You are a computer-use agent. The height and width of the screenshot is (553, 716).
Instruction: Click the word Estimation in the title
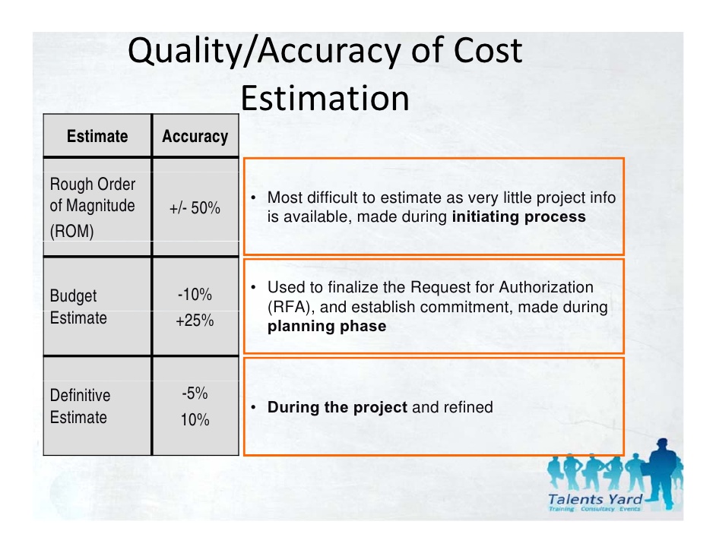pyautogui.click(x=325, y=98)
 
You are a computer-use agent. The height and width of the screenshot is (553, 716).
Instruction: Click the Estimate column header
pyautogui.click(x=97, y=137)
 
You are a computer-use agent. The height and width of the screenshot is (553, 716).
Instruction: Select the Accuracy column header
pyautogui.click(x=195, y=137)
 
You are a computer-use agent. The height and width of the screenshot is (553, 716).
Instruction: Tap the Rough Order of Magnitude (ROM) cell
pyautogui.click(x=92, y=207)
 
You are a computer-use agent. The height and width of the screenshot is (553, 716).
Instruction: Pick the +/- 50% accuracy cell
pyautogui.click(x=195, y=207)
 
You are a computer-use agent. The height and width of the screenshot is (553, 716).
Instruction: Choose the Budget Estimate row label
pyautogui.click(x=78, y=307)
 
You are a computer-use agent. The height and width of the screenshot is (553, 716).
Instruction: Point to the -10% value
pyautogui.click(x=195, y=295)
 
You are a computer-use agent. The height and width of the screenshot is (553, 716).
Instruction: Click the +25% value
pyautogui.click(x=195, y=321)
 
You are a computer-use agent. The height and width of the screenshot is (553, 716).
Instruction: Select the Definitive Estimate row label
pyautogui.click(x=80, y=406)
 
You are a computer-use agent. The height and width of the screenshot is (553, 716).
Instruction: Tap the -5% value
pyautogui.click(x=195, y=393)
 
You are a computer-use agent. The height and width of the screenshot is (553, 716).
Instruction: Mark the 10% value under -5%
pyautogui.click(x=195, y=419)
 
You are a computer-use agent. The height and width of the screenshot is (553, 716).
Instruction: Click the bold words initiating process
pyautogui.click(x=518, y=216)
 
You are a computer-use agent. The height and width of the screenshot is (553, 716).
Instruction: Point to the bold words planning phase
pyautogui.click(x=327, y=327)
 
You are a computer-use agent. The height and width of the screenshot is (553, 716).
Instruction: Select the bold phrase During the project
pyautogui.click(x=337, y=407)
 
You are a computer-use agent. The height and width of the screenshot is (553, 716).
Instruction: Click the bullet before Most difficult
pyautogui.click(x=252, y=199)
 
